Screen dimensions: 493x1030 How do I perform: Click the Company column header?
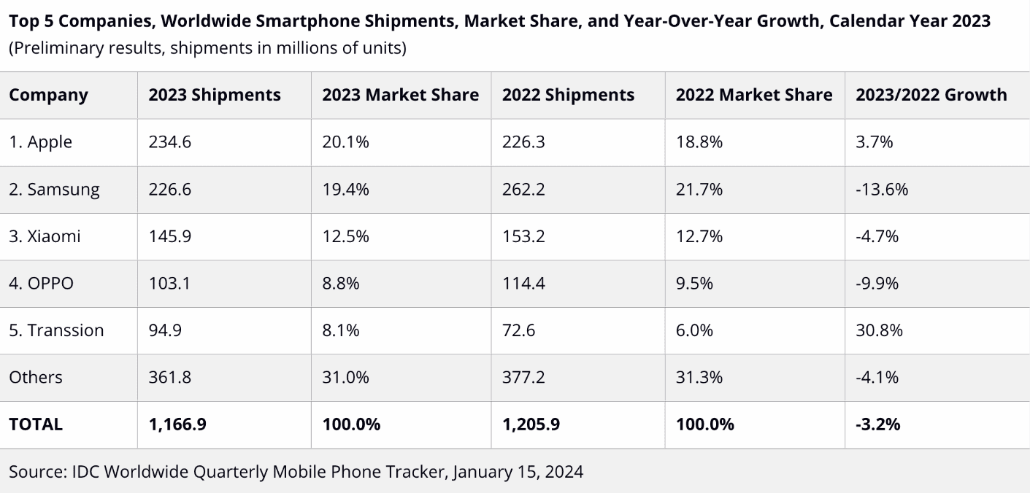pos(48,95)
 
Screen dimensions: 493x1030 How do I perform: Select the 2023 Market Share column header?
pos(400,95)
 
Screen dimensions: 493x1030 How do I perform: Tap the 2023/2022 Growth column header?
pos(931,95)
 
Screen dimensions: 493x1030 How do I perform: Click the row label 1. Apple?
pos(40,142)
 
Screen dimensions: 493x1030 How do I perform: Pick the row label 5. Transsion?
pos(56,330)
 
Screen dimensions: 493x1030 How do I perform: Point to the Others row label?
pos(36,377)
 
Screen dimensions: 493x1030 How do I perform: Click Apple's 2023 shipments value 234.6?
pos(169,142)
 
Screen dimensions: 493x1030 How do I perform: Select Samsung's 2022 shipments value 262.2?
pos(523,190)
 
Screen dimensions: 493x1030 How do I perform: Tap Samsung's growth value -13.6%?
pos(882,190)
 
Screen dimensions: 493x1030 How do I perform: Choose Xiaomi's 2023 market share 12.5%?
pos(345,236)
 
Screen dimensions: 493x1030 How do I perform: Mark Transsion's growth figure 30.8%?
pos(879,330)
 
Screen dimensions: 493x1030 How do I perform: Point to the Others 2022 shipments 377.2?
pos(523,377)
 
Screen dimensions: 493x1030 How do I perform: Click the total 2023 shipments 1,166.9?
pos(177,424)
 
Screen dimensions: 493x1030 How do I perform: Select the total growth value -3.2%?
pos(877,424)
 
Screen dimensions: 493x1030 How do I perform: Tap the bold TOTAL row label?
pos(36,424)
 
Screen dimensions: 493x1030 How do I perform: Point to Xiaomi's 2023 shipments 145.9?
pos(169,236)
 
